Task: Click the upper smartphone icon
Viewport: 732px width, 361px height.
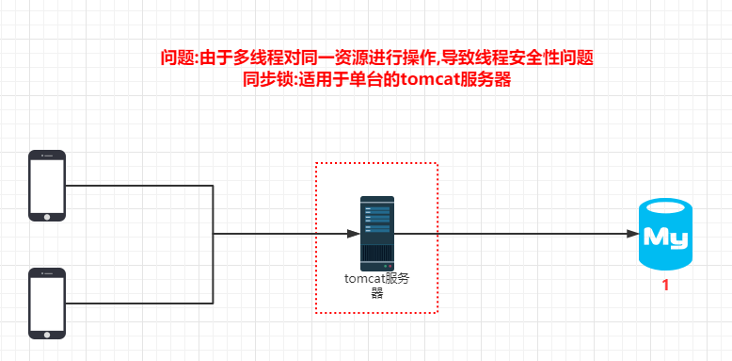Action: point(47,185)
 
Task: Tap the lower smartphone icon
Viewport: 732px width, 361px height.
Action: point(47,303)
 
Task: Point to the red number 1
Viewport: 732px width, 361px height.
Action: point(665,286)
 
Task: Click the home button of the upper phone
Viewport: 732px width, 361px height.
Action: point(47,216)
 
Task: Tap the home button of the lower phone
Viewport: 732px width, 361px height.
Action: point(47,333)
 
